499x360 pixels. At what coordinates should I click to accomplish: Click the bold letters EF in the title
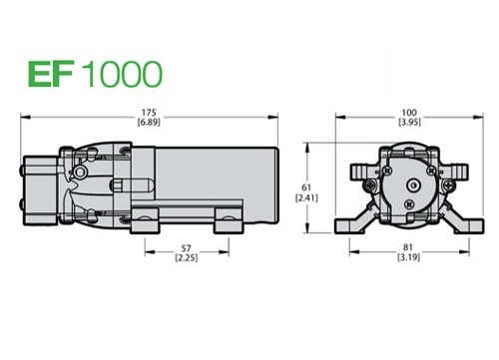pyautogui.click(x=50, y=74)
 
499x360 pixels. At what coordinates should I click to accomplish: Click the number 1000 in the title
pyautogui.click(x=122, y=74)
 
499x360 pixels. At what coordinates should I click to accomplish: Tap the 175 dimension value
pyautogui.click(x=149, y=113)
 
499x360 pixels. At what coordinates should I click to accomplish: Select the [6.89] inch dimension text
pyautogui.click(x=149, y=122)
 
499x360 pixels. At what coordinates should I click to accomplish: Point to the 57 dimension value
pyautogui.click(x=187, y=248)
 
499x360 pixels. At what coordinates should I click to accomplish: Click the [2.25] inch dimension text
pyautogui.click(x=187, y=257)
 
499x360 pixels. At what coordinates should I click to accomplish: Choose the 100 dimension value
pyautogui.click(x=409, y=113)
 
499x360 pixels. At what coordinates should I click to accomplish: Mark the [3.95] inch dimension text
pyautogui.click(x=409, y=122)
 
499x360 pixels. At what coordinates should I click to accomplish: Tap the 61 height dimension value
pyautogui.click(x=306, y=187)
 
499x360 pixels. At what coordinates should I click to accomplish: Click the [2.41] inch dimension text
pyautogui.click(x=306, y=198)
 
